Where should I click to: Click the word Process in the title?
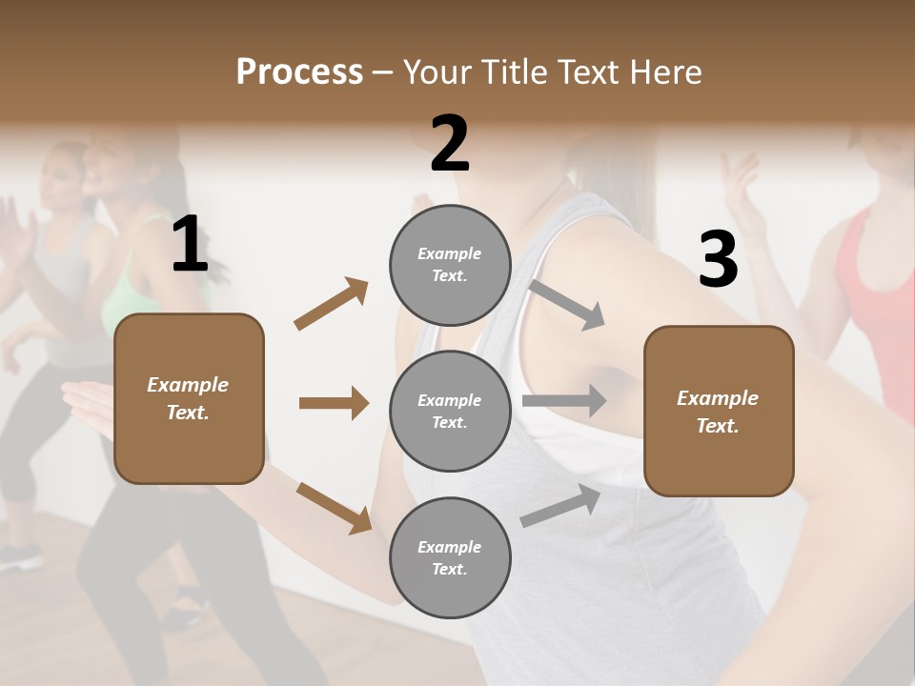(x=299, y=72)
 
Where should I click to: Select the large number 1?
(x=190, y=245)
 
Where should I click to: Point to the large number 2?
(x=450, y=144)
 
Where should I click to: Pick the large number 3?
(x=718, y=259)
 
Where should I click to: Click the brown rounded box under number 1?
(x=189, y=398)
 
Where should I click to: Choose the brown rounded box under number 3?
(x=719, y=411)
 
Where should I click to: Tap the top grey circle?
(x=450, y=265)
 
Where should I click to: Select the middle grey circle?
(x=450, y=411)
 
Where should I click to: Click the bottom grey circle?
(x=450, y=557)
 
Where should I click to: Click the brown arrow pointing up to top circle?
(x=331, y=304)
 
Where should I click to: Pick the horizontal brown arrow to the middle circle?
(x=334, y=403)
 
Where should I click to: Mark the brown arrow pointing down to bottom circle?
(x=334, y=507)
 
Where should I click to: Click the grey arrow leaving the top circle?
(x=566, y=304)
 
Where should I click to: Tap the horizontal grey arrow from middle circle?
(x=563, y=401)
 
